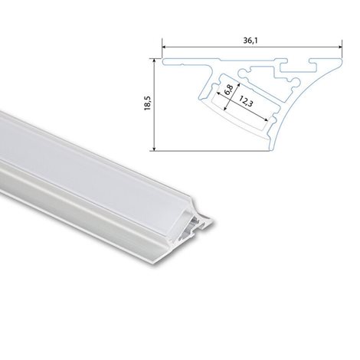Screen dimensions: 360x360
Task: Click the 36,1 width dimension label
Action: click(x=248, y=41)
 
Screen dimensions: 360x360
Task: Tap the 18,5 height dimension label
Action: click(x=148, y=103)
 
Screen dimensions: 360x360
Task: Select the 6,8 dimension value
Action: click(x=228, y=90)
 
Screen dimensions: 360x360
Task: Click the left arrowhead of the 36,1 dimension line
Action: click(x=164, y=47)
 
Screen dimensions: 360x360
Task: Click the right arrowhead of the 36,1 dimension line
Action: click(x=339, y=47)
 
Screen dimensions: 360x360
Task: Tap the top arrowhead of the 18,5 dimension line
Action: click(x=154, y=61)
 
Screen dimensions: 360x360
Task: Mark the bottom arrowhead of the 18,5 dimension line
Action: click(x=154, y=149)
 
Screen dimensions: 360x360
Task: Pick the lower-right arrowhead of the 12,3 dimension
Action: click(x=266, y=119)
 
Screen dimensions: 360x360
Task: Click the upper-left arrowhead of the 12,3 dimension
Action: click(x=218, y=93)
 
